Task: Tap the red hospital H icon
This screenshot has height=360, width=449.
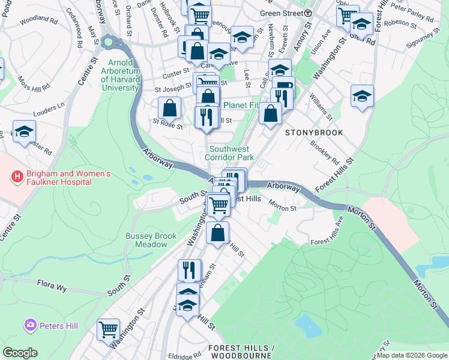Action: [17, 178]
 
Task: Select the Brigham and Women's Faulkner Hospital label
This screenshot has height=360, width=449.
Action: [68, 178]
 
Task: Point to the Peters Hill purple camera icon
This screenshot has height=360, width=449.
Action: [29, 325]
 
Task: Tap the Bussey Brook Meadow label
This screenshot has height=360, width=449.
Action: [151, 240]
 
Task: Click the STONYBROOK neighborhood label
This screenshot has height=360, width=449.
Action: [313, 132]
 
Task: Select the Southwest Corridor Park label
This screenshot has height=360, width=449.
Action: [231, 153]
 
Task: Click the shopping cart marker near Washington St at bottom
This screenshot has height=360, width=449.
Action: [108, 329]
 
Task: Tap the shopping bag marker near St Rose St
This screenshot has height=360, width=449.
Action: [170, 108]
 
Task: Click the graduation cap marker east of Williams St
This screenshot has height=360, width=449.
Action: [362, 96]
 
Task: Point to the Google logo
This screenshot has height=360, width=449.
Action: [20, 353]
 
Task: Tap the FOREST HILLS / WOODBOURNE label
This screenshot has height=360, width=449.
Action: [241, 352]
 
